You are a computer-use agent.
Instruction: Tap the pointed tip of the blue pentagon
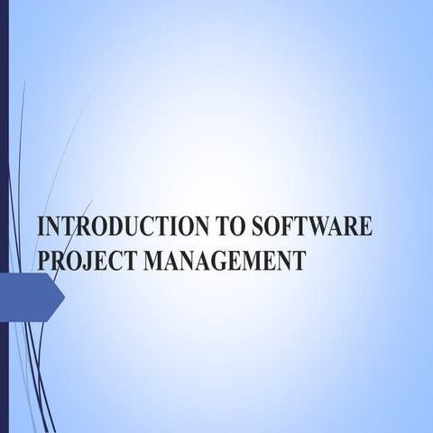63,297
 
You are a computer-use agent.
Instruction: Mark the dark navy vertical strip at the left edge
4,216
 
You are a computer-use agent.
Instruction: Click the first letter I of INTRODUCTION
41,226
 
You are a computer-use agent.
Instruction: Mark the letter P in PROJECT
44,261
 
